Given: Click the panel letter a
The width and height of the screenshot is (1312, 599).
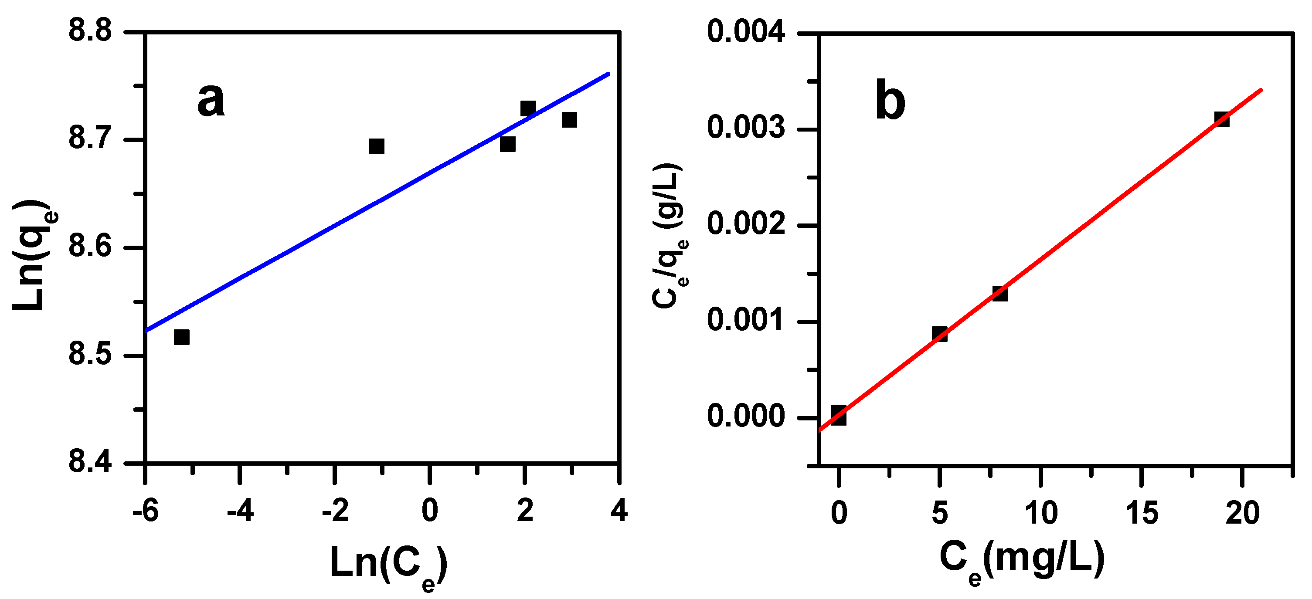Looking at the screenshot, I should point(211,100).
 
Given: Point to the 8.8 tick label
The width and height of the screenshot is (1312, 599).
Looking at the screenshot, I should point(90,31).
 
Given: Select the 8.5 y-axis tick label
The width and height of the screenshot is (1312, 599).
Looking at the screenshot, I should point(90,355).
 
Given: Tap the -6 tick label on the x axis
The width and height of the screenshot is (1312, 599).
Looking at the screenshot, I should point(146,511).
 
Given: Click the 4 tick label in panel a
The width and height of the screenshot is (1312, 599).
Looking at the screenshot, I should point(619,511).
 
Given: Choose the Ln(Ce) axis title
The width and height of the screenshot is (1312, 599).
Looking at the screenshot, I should point(389,565).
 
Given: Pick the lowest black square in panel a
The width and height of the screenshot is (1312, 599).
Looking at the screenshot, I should point(182,337).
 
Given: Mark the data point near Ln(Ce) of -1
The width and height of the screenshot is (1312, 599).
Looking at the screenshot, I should point(377,146).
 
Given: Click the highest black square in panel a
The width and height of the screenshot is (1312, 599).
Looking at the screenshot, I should point(528,108).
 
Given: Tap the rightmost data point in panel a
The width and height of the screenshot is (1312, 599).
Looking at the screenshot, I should point(569,120).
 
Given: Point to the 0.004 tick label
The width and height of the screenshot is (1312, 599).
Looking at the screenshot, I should point(746,32).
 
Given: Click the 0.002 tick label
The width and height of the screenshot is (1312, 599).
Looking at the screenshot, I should point(746,224).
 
